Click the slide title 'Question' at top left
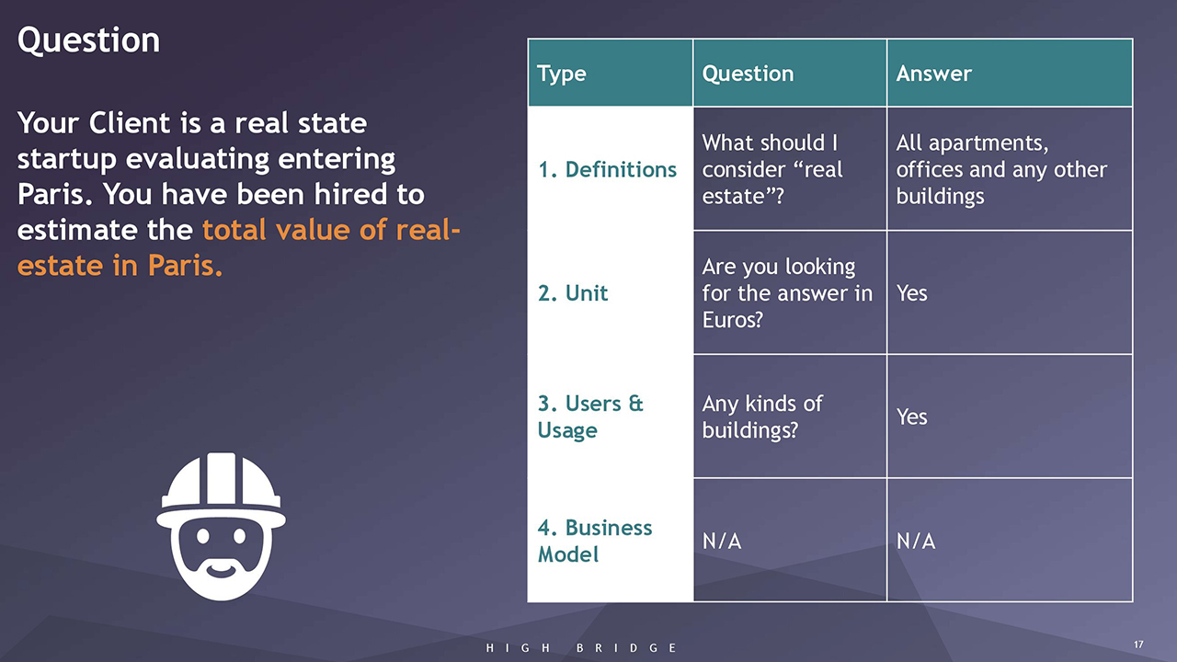[88, 41]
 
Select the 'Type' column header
[561, 74]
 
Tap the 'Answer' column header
[933, 74]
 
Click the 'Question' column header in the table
[748, 74]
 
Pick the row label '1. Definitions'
[608, 170]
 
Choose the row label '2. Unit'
[573, 293]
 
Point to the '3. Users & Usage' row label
[590, 417]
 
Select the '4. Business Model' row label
[595, 542]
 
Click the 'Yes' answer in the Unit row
[911, 293]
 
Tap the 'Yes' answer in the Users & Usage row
[911, 417]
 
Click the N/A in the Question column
[722, 542]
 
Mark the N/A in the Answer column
[915, 542]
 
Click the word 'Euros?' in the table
[732, 320]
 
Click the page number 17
[1138, 645]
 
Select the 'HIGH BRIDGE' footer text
[580, 648]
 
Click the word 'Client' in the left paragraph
[130, 123]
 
